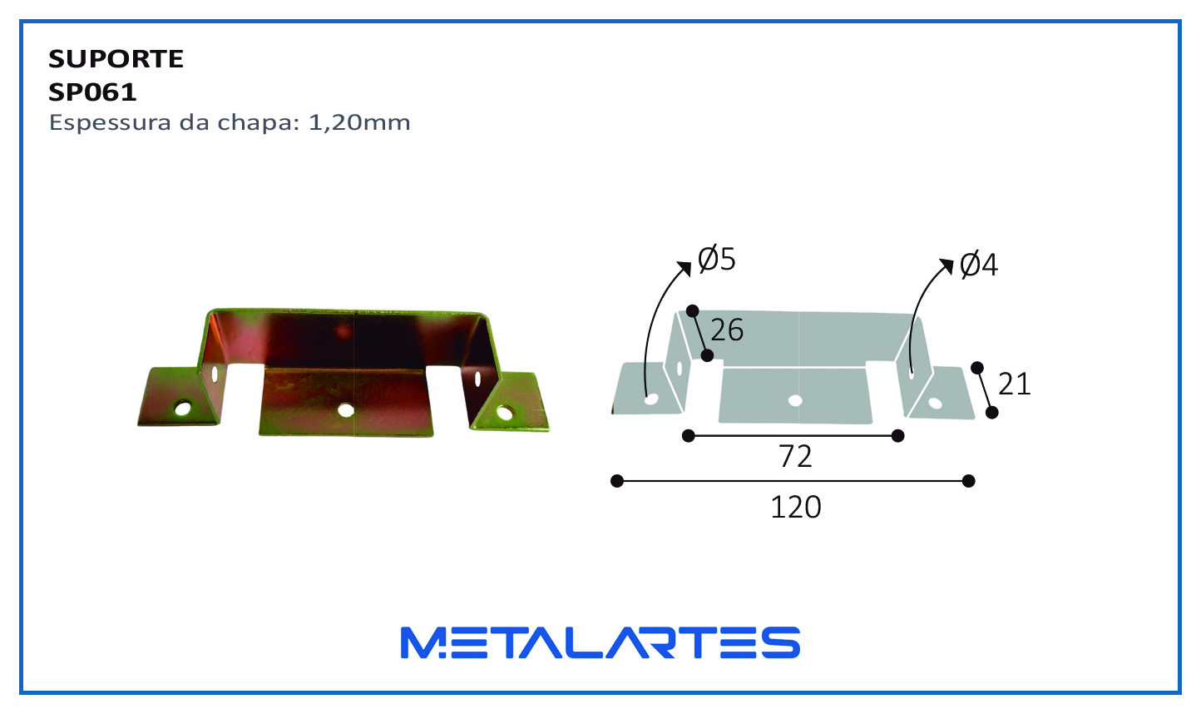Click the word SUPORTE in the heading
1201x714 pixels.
[116, 59]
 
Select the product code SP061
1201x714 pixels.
[92, 92]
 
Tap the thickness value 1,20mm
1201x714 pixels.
[359, 123]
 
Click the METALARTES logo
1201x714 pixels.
[600, 642]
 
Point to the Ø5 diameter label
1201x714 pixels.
[717, 260]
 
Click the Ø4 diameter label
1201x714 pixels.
[978, 265]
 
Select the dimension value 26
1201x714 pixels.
[727, 330]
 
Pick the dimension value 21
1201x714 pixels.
[1015, 384]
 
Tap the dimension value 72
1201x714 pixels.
[795, 457]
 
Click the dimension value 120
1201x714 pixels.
[796, 507]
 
